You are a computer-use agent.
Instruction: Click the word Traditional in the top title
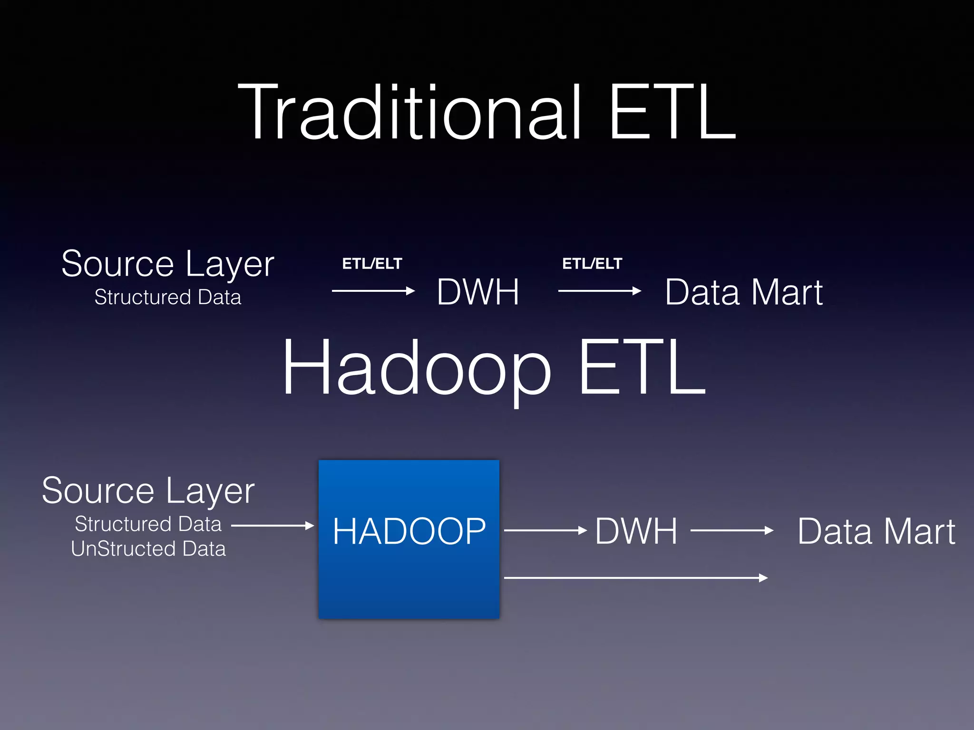[x=409, y=113]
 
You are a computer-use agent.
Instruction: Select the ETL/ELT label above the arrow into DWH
[x=372, y=263]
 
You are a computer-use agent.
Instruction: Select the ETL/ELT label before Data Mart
[x=592, y=263]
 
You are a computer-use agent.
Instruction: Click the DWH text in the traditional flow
[x=477, y=292]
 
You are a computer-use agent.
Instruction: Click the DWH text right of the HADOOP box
[x=636, y=531]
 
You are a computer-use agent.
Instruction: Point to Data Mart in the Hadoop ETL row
[x=876, y=531]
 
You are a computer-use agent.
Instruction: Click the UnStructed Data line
[x=148, y=549]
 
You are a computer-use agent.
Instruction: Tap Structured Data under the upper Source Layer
[x=167, y=297]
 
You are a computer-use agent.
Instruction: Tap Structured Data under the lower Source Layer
[x=148, y=524]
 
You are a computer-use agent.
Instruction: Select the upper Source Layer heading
[x=167, y=264]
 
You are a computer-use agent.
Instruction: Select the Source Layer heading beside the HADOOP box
[x=148, y=491]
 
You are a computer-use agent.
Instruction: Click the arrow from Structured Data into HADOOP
[x=273, y=526]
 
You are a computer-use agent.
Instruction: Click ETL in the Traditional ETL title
[x=672, y=113]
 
